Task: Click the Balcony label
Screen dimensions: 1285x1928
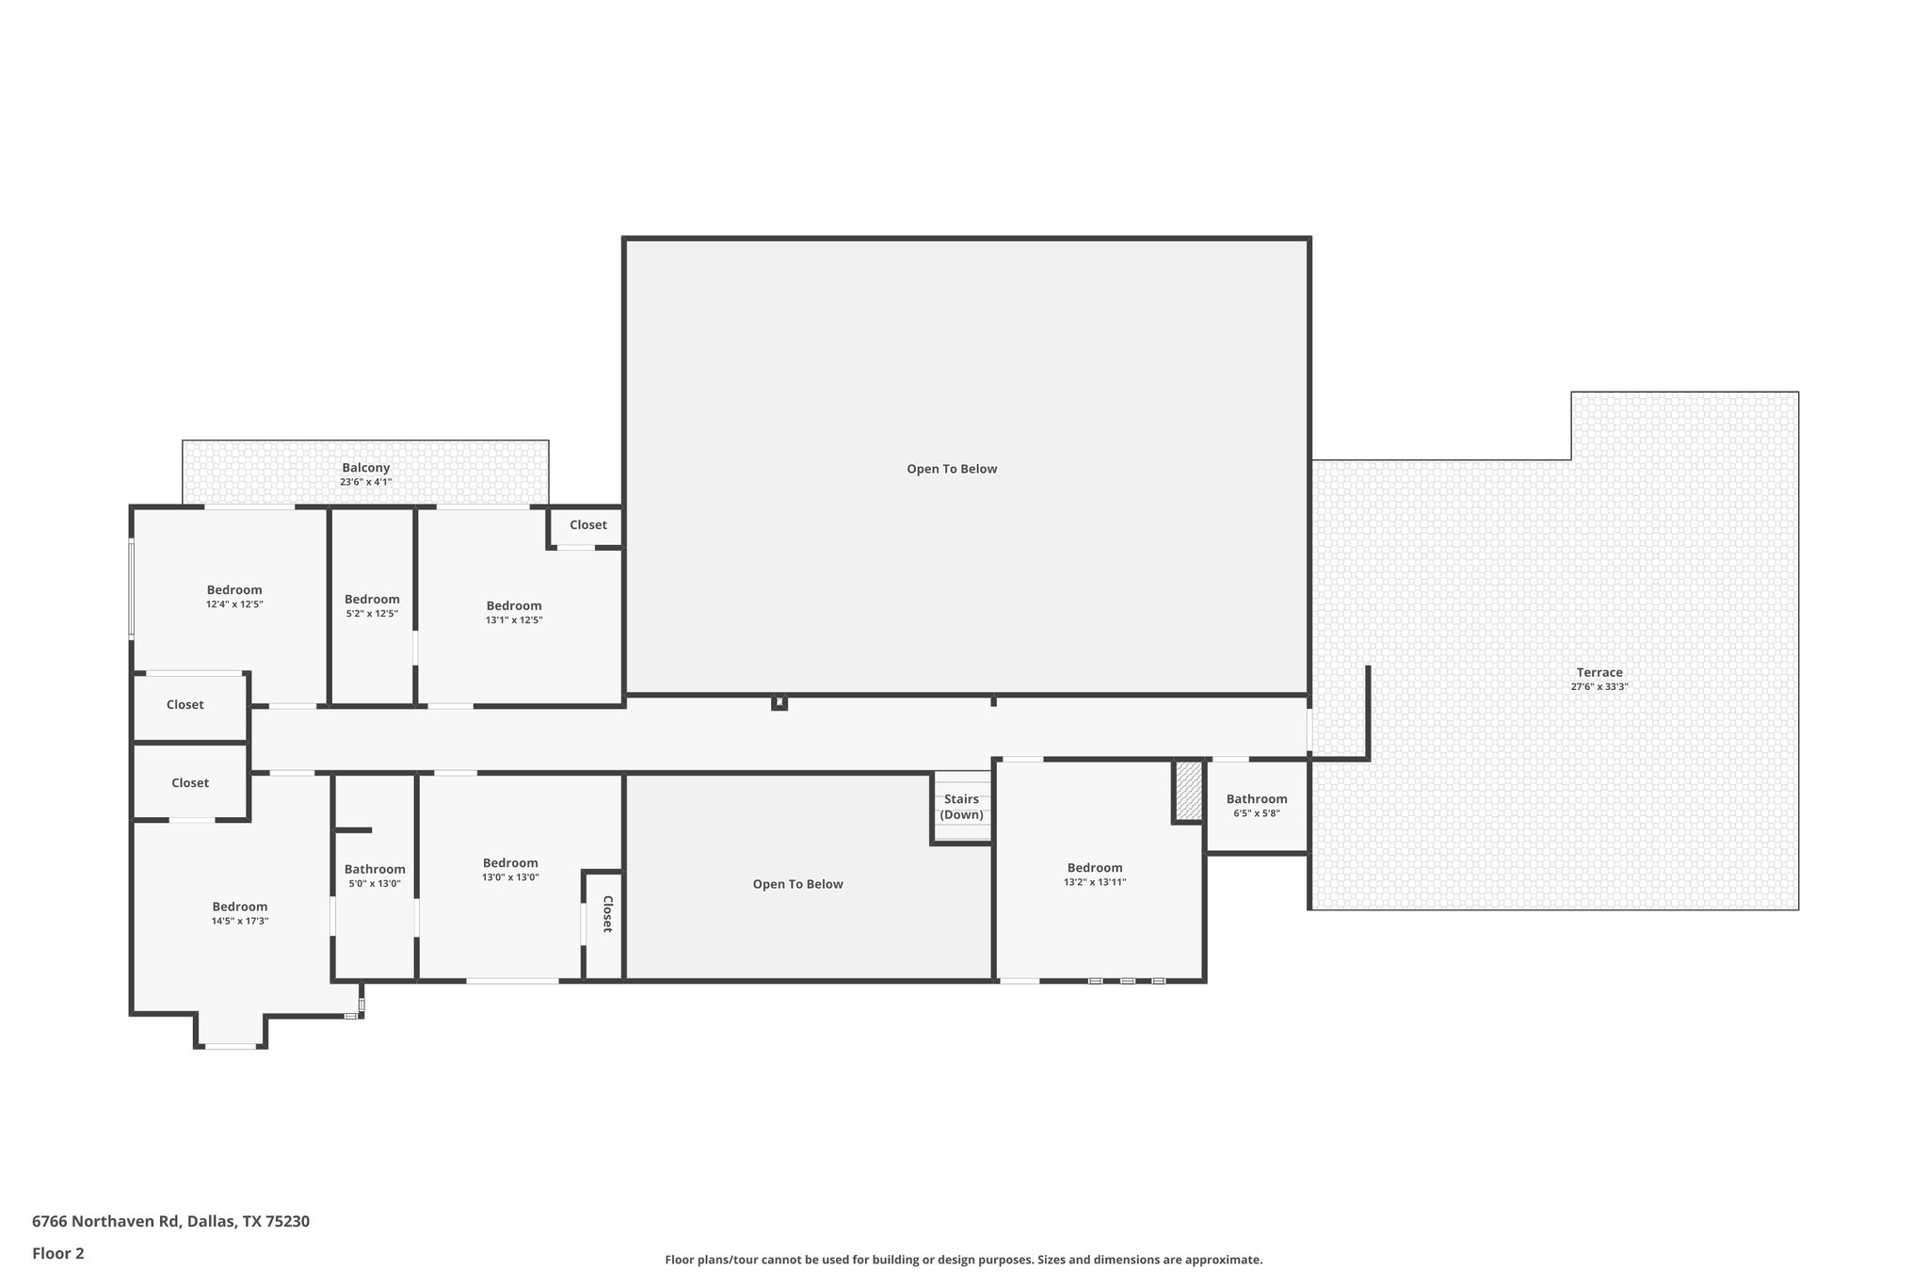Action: click(x=365, y=468)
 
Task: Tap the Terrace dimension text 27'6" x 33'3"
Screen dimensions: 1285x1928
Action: click(x=1599, y=687)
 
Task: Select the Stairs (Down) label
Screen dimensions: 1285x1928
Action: click(x=961, y=807)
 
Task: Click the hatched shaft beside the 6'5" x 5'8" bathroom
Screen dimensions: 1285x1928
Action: click(x=1188, y=791)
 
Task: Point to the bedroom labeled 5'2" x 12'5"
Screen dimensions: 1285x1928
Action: click(x=372, y=605)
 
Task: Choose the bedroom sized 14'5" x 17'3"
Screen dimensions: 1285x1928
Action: click(x=239, y=913)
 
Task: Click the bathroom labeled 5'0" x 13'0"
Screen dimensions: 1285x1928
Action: click(x=375, y=875)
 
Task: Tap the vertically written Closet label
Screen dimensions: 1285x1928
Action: click(x=607, y=914)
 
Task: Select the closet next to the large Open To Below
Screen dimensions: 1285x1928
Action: click(x=587, y=525)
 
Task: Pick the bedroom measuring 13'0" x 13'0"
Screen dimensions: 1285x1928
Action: click(x=510, y=869)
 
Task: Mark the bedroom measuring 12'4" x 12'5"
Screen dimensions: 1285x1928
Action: click(x=234, y=597)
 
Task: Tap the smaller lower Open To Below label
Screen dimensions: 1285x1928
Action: click(x=797, y=884)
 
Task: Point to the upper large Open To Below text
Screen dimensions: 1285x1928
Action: click(x=952, y=469)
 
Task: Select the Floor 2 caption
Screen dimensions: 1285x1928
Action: click(x=58, y=1253)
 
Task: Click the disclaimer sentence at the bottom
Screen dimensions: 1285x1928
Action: click(x=963, y=1260)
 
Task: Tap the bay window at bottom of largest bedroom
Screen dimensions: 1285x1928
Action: click(x=231, y=1046)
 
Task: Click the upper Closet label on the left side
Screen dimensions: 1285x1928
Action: click(x=185, y=705)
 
